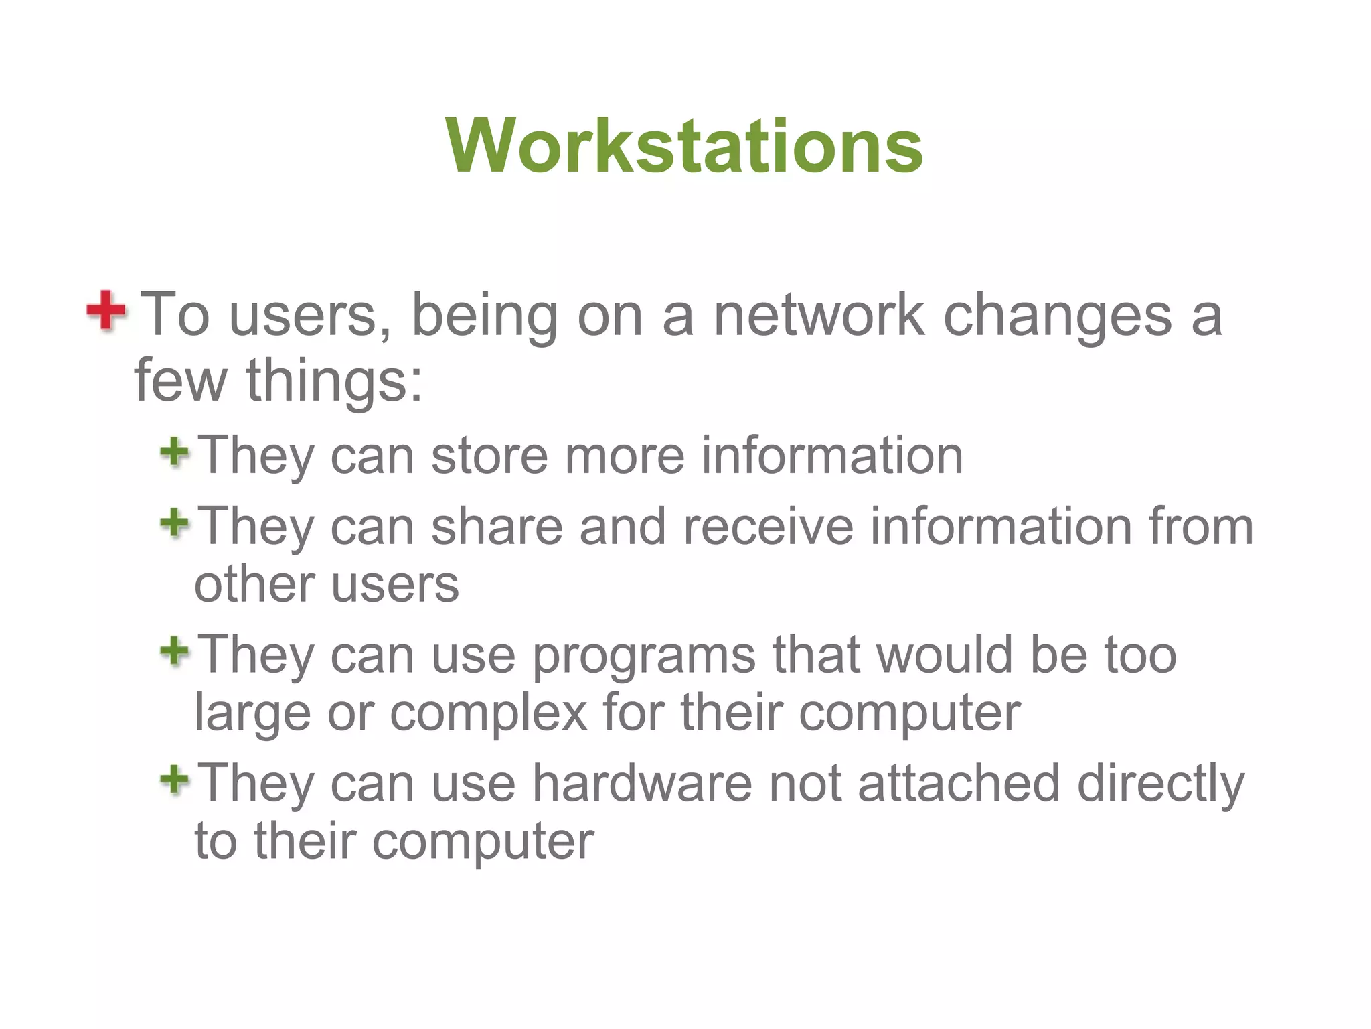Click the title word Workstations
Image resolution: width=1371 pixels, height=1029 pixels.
tap(683, 145)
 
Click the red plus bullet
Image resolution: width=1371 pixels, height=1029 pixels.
tap(106, 310)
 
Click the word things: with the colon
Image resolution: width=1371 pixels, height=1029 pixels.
tap(335, 381)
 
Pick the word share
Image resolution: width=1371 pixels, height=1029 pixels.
tap(497, 527)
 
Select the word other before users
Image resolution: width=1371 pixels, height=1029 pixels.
tap(254, 584)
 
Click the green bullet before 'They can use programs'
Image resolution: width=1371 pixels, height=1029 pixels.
tap(175, 651)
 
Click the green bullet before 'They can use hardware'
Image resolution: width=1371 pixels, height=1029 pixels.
tap(175, 779)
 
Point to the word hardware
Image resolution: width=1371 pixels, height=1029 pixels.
tap(642, 782)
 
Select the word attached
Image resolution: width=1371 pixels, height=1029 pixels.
tap(959, 782)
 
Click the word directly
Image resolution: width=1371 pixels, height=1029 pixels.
tap(1161, 784)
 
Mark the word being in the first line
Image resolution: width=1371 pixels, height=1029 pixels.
tap(484, 316)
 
